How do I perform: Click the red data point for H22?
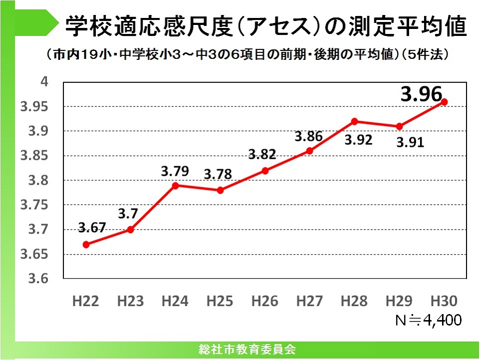[86, 245]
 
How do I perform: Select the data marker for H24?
[175, 186]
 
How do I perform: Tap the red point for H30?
[444, 102]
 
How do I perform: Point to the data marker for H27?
[310, 151]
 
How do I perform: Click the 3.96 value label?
[422, 93]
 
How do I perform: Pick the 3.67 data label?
[92, 228]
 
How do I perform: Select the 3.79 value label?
[175, 172]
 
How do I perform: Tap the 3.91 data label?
[410, 142]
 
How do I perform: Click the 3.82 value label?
[262, 154]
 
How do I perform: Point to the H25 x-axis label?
[220, 301]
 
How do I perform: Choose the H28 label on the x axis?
[354, 301]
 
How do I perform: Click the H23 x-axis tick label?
[130, 301]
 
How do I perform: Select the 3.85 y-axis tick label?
[35, 156]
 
